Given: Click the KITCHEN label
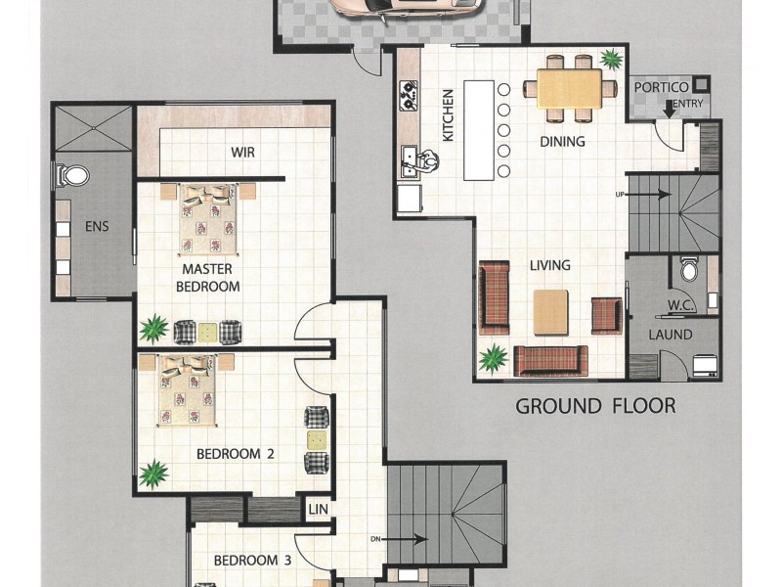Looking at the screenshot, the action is [x=449, y=115].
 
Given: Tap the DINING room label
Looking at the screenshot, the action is [x=563, y=142].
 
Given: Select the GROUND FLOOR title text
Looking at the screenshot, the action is [x=595, y=406].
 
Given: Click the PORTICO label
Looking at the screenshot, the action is [x=662, y=87].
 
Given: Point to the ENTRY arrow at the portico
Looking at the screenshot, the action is [x=670, y=110].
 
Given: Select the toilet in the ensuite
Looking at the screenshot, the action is [x=72, y=176].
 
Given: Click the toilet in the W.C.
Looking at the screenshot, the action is [x=689, y=270].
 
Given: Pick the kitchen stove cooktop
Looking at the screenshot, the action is [x=409, y=95].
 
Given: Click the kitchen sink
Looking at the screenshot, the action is [x=409, y=162].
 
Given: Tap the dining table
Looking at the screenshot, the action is [x=570, y=88].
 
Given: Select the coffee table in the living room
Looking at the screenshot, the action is [x=550, y=312].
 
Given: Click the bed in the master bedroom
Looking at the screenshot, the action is [x=208, y=219].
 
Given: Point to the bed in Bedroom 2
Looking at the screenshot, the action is [x=188, y=390].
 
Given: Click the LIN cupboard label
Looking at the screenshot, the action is [x=319, y=509].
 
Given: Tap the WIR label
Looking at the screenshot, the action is [x=242, y=153].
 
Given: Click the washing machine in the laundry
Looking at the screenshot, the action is [x=705, y=365].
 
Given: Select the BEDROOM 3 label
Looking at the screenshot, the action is [x=252, y=561].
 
